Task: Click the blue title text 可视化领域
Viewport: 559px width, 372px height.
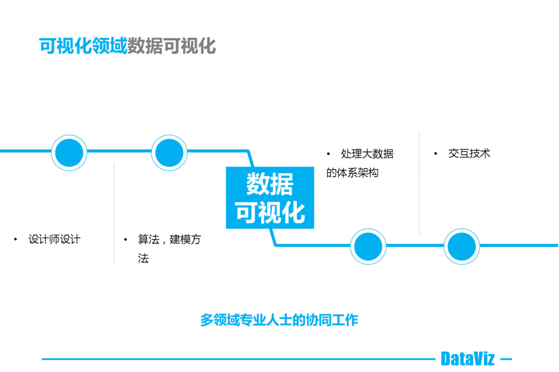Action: [x=83, y=46]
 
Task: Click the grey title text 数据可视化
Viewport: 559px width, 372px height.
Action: [x=171, y=46]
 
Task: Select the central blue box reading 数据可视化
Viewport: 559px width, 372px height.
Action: [x=270, y=197]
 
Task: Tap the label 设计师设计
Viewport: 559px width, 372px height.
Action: [x=55, y=239]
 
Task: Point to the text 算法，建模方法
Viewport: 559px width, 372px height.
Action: [x=169, y=248]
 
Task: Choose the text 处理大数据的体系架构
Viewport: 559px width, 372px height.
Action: [x=360, y=163]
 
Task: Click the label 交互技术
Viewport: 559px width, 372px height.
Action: [x=469, y=154]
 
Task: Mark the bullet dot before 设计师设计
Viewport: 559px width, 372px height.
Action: [x=15, y=239]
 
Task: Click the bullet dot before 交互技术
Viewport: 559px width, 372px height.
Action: [x=436, y=154]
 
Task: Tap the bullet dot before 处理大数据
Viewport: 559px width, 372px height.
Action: [x=328, y=154]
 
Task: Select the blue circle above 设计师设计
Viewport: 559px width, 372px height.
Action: [x=69, y=153]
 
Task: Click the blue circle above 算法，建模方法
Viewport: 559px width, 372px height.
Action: [x=169, y=153]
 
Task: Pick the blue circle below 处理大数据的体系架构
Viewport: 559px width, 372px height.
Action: [x=368, y=247]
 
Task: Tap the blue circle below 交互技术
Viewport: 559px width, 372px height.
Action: [x=462, y=247]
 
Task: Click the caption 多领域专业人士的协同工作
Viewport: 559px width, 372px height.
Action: [x=279, y=320]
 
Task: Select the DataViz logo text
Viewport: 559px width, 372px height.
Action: [x=467, y=359]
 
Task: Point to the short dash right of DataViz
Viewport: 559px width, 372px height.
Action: [x=506, y=359]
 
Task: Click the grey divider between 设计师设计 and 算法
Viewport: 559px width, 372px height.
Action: [x=114, y=213]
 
